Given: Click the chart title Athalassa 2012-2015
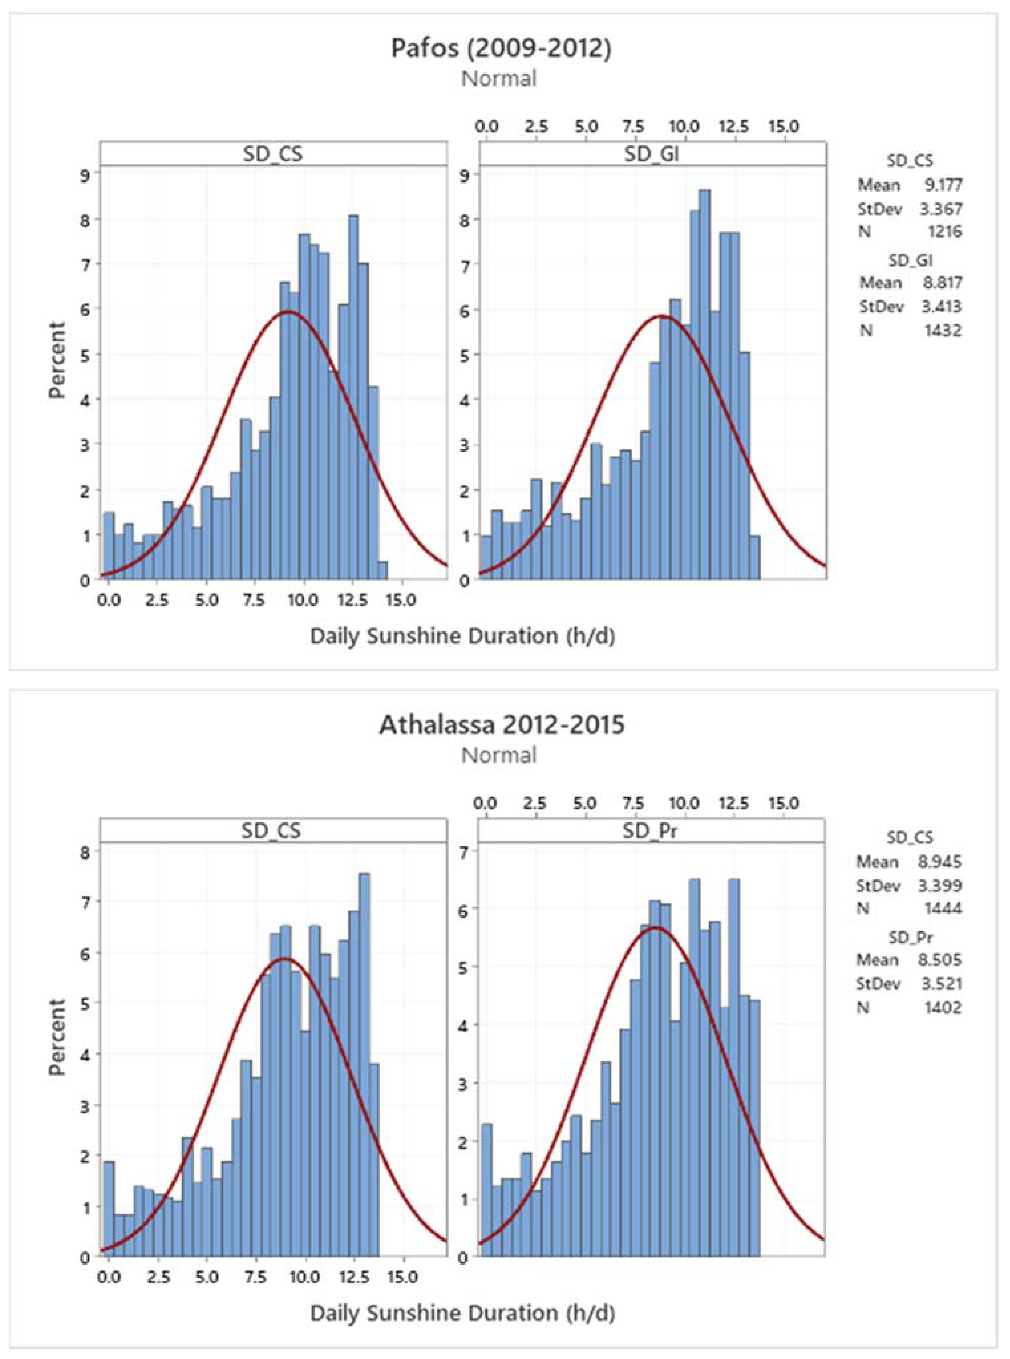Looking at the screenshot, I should click(x=501, y=725).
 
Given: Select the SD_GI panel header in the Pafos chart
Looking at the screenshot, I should click(x=652, y=154).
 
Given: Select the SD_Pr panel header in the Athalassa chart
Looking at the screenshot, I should click(x=651, y=831).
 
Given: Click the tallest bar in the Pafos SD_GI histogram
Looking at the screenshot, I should click(x=704, y=385).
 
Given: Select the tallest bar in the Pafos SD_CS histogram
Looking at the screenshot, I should click(x=353, y=398).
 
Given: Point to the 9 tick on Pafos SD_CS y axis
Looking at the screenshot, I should click(x=84, y=175).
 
